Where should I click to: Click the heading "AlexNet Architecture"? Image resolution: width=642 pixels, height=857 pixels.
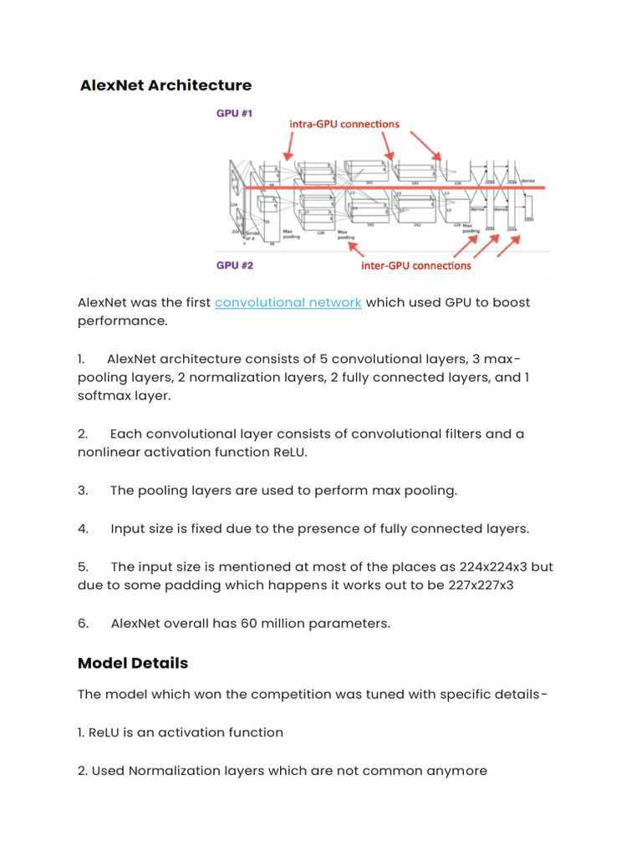pyautogui.click(x=166, y=85)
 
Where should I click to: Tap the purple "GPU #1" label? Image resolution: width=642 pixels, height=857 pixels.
pyautogui.click(x=234, y=112)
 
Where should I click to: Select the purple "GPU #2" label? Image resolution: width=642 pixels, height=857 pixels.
pyautogui.click(x=234, y=265)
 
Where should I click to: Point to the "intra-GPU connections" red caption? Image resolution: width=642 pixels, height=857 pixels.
pyautogui.click(x=344, y=124)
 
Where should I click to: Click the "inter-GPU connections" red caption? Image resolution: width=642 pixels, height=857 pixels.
pyautogui.click(x=415, y=266)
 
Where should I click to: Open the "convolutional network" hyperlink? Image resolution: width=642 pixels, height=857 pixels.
pyautogui.click(x=288, y=302)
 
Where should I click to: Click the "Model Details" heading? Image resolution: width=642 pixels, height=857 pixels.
pyautogui.click(x=133, y=664)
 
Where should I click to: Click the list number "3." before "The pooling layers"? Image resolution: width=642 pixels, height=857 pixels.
pyautogui.click(x=83, y=490)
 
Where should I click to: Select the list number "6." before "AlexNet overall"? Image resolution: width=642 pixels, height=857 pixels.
pyautogui.click(x=83, y=624)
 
